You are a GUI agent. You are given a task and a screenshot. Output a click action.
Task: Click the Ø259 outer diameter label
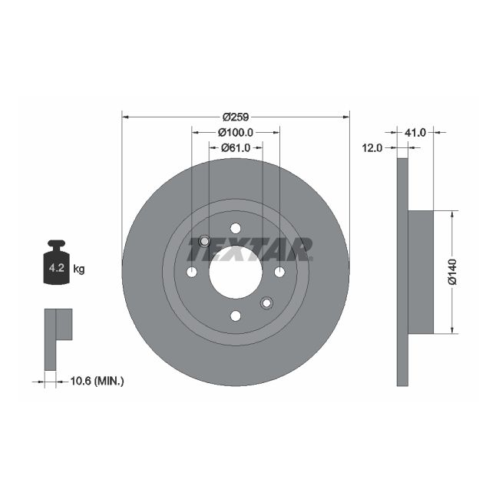[236, 117]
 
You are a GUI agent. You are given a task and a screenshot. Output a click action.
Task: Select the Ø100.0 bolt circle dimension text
[236, 133]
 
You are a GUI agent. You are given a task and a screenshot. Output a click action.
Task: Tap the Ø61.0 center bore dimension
[236, 148]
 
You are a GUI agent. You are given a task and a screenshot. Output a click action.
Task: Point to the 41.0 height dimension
[415, 133]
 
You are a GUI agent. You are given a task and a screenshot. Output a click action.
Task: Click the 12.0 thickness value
[372, 148]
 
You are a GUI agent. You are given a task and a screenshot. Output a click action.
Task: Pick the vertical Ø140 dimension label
[452, 273]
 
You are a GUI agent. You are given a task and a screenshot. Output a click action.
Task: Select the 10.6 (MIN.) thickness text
[97, 380]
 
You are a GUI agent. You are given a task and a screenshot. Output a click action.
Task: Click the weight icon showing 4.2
[57, 265]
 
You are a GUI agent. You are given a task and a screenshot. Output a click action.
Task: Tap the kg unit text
[78, 269]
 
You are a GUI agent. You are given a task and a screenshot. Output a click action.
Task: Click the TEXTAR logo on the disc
[249, 249]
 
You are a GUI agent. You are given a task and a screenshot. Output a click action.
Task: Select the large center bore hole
[236, 273]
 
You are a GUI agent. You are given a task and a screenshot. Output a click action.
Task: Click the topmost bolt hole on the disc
[236, 228]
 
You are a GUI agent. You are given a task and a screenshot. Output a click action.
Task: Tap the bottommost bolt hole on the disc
[236, 316]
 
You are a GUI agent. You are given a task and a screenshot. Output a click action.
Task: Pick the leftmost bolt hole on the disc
[192, 272]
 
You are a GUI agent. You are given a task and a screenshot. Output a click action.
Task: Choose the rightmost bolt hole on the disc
[279, 272]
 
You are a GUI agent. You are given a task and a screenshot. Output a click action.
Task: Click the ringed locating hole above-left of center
[205, 242]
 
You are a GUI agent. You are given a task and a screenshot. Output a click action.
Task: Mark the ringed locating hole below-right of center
[266, 302]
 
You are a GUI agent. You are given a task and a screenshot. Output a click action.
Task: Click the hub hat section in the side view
[421, 273]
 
